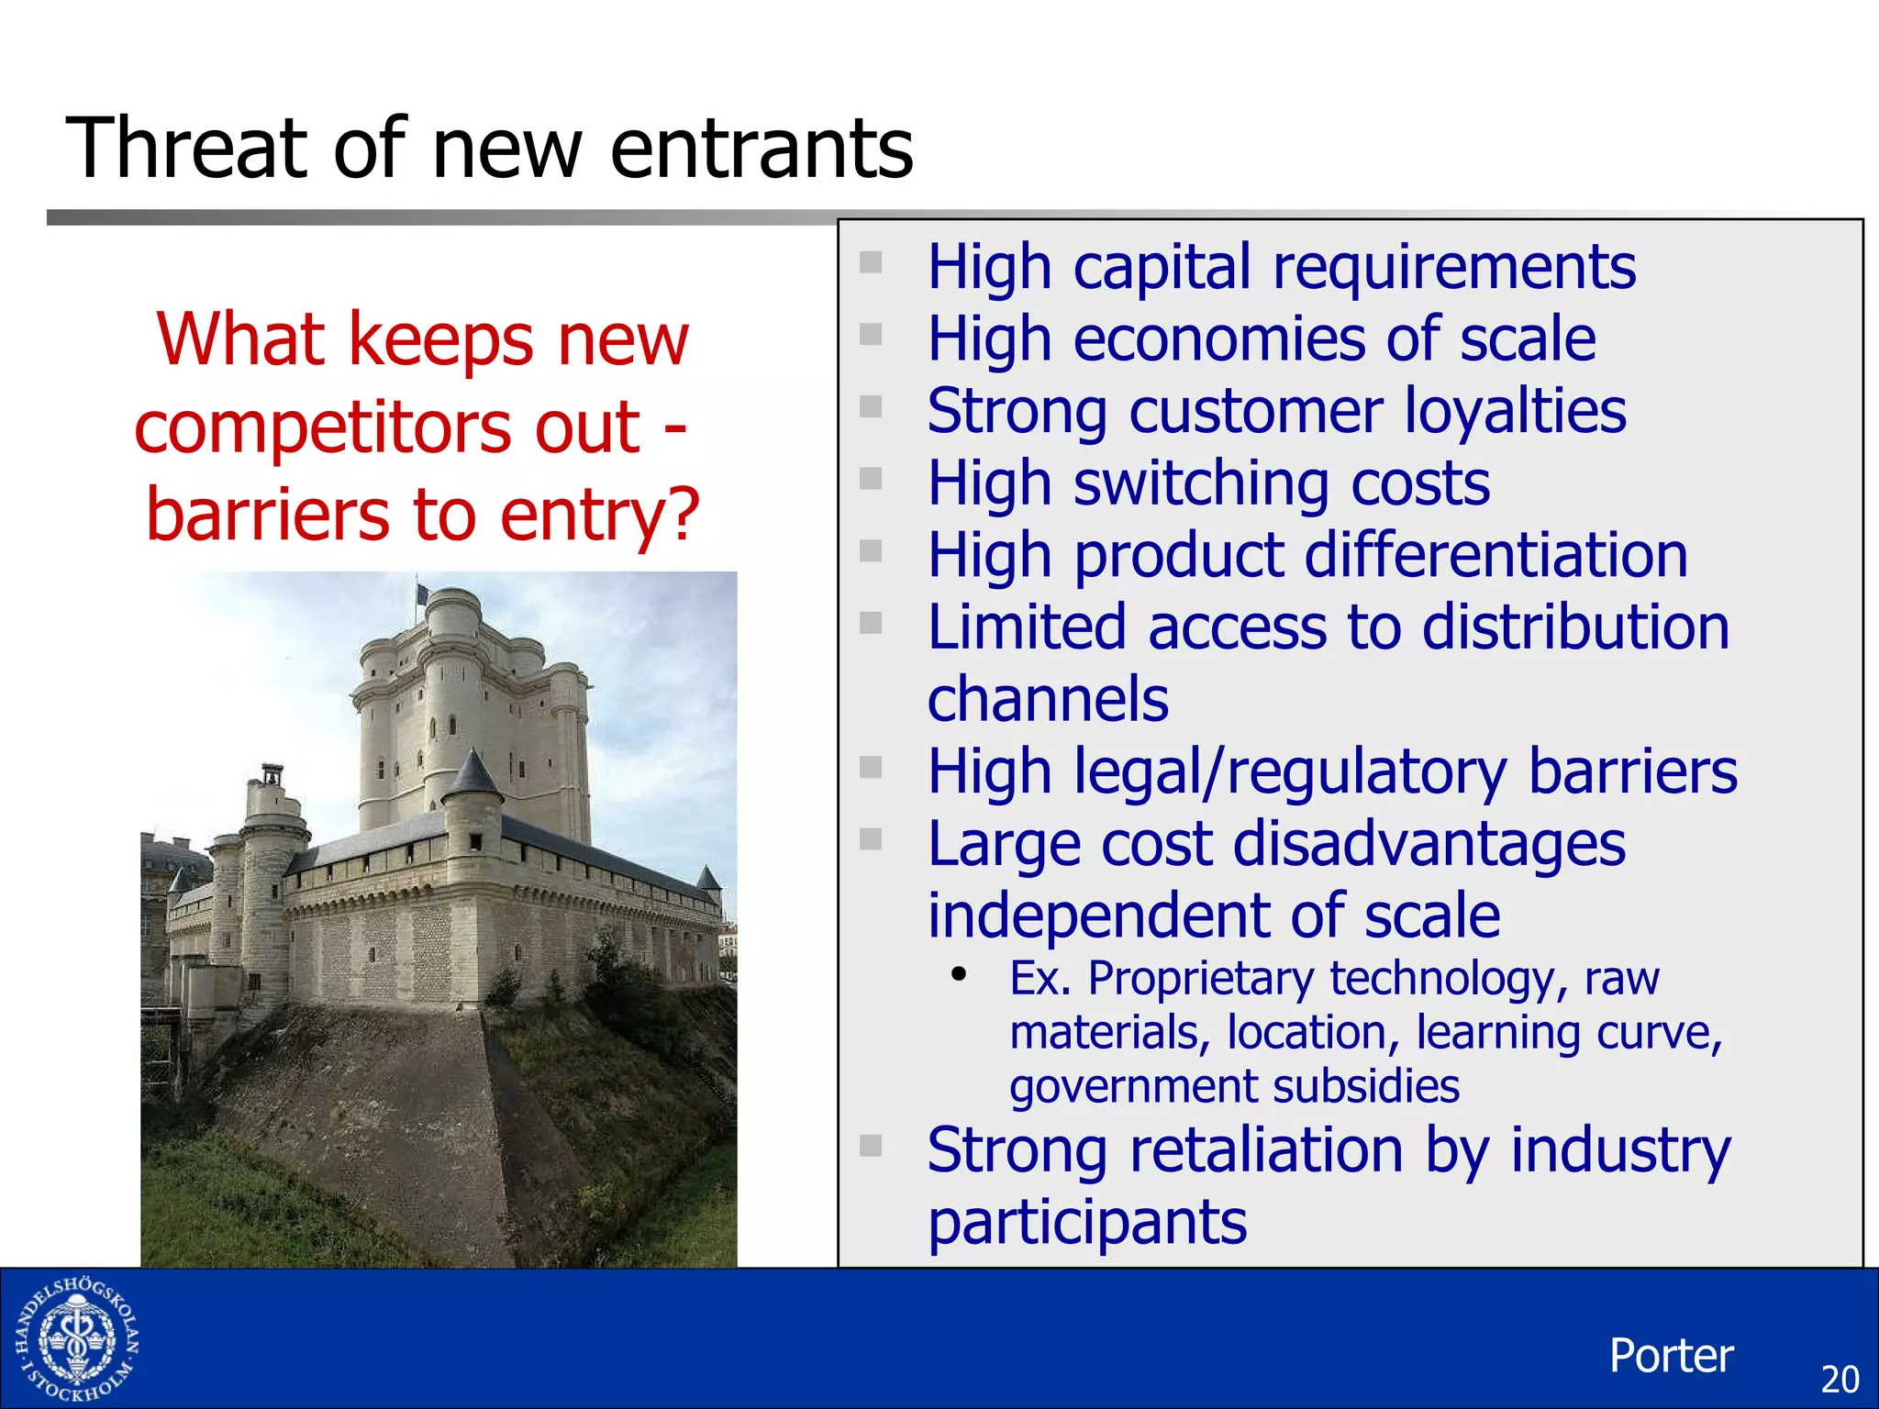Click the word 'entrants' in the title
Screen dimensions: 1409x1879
(761, 150)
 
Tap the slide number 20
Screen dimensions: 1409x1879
(1839, 1379)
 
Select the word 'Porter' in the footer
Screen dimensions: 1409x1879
(1671, 1355)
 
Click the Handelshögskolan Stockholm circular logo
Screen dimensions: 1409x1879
(77, 1340)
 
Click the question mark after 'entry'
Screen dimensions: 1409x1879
(680, 515)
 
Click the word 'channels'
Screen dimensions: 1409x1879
(1048, 700)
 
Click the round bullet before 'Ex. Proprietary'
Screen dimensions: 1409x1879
(959, 974)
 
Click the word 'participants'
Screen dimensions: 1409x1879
(1087, 1222)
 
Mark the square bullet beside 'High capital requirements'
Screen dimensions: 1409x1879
(870, 263)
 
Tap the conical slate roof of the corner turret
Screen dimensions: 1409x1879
(472, 772)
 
